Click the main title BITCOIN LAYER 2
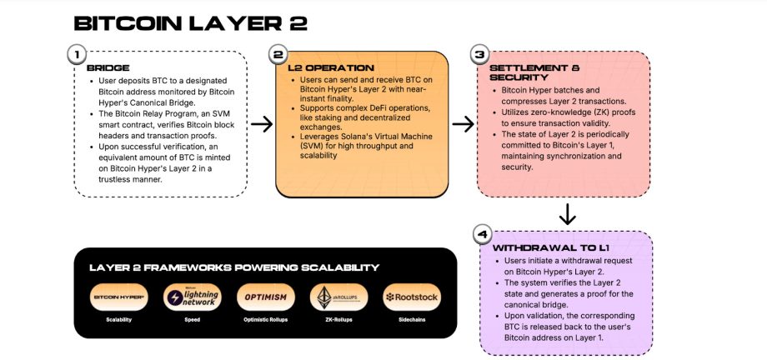(x=190, y=22)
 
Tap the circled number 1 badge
(x=76, y=55)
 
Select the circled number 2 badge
(x=278, y=55)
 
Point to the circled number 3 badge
(x=479, y=55)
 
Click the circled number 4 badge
(x=481, y=234)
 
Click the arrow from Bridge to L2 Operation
(x=262, y=124)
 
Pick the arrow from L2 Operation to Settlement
(x=463, y=124)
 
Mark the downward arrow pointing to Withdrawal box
(x=567, y=214)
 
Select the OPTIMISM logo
(x=265, y=297)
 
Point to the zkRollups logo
(x=338, y=297)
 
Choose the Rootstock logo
(x=412, y=297)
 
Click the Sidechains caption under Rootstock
(x=412, y=319)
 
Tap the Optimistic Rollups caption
(x=265, y=319)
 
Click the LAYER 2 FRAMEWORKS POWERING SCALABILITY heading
(x=233, y=267)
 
